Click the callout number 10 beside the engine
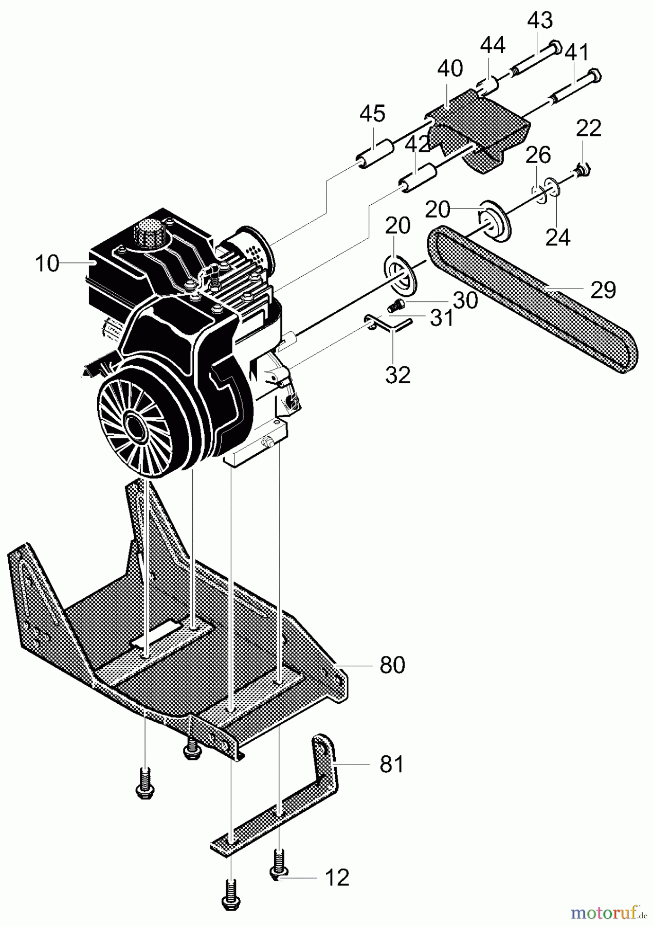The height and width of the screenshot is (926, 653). point(47,263)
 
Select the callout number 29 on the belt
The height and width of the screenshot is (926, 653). point(603,290)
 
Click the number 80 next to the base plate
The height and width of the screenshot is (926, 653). point(392,665)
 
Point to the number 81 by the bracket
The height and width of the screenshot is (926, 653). point(391,764)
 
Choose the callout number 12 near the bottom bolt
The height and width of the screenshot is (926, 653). point(337,878)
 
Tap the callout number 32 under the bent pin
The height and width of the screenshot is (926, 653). point(398,375)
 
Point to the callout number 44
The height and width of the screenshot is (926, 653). point(493,46)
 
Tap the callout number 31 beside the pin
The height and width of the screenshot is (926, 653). point(441,319)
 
